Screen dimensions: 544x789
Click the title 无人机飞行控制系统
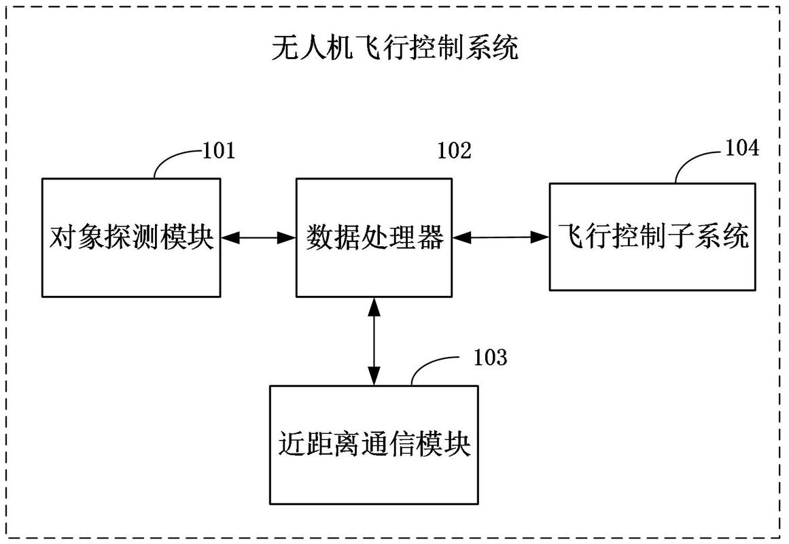coord(394,48)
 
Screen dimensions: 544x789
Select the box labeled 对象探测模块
coord(131,237)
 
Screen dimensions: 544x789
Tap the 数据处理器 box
coord(374,237)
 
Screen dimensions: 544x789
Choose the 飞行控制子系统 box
coord(652,237)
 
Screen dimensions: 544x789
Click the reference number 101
coord(219,150)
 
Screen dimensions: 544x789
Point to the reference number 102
coord(455,150)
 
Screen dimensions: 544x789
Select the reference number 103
coord(490,357)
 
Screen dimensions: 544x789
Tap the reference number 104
coord(742,148)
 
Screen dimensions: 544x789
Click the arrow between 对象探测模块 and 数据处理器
coord(258,237)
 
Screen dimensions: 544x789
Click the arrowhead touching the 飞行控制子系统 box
coord(541,237)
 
